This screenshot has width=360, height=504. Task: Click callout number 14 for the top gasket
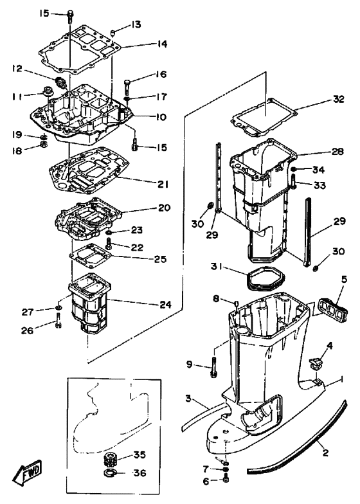tap(161, 44)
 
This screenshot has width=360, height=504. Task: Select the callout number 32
tap(337, 99)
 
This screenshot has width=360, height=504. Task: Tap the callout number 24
tap(166, 303)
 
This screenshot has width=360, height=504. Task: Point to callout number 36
tap(140, 473)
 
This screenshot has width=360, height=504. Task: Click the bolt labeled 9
tap(213, 366)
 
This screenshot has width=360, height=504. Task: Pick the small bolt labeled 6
tap(226, 480)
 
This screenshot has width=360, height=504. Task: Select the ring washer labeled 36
tap(111, 473)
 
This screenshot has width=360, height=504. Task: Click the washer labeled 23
tap(109, 232)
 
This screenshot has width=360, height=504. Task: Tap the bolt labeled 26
tap(58, 320)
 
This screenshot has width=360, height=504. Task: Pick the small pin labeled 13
tap(113, 32)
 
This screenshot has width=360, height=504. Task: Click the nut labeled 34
tap(293, 170)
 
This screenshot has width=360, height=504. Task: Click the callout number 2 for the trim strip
tap(325, 453)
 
